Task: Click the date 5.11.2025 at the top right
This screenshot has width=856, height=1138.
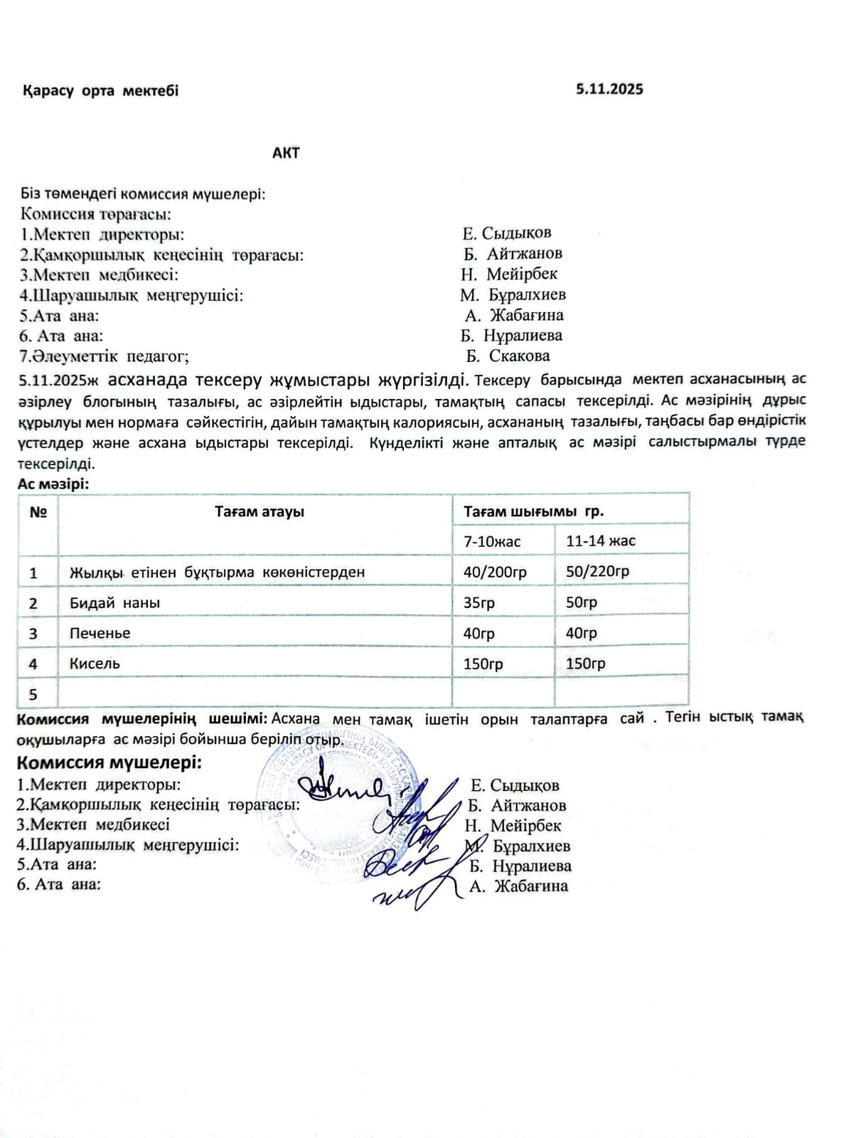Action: point(609,90)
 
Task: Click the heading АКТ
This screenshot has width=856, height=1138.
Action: point(286,153)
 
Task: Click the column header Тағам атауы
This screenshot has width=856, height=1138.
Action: point(260,511)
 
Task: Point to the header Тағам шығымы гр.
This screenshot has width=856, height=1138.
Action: point(533,511)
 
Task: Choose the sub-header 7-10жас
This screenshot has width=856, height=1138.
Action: point(492,541)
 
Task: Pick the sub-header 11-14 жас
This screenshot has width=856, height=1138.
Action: point(601,541)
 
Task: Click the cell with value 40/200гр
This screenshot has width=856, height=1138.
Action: point(495,572)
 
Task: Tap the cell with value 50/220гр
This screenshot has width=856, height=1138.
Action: point(597,571)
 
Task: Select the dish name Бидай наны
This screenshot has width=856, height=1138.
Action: point(114,603)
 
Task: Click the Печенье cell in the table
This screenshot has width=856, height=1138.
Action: point(100,633)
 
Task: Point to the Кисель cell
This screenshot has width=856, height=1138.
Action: point(95,664)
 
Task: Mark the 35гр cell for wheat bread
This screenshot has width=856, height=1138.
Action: point(478,603)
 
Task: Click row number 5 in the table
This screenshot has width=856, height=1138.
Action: point(33,694)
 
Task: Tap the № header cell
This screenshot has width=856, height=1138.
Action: point(38,512)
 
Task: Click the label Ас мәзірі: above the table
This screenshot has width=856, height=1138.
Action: point(53,484)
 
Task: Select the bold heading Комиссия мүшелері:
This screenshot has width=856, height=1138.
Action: point(109,763)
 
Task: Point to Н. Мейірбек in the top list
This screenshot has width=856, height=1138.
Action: point(509,274)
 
